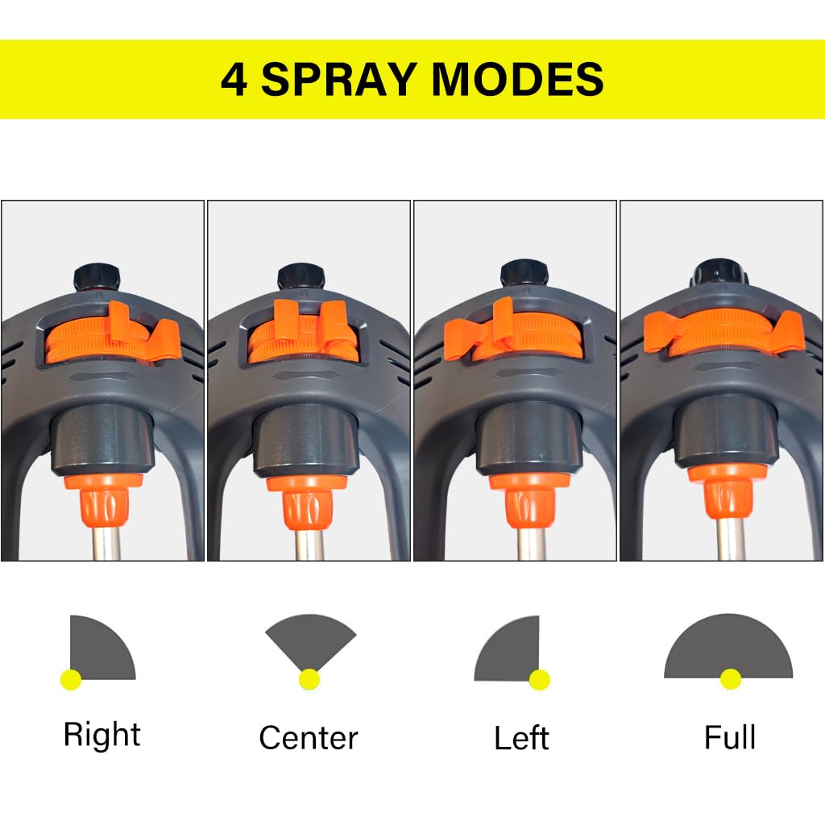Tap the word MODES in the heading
point(518,79)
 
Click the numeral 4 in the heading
point(234,80)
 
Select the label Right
point(102,735)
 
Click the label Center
point(309,738)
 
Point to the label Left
point(521,737)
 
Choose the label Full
point(730,736)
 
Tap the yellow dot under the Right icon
point(71,679)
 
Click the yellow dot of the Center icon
point(309,679)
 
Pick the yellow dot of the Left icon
point(539,679)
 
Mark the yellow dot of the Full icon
point(730,678)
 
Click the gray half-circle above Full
point(728,645)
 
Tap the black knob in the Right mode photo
point(97,277)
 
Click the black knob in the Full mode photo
point(719,272)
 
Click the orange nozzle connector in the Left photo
point(530,500)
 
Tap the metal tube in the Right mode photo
point(106,543)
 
